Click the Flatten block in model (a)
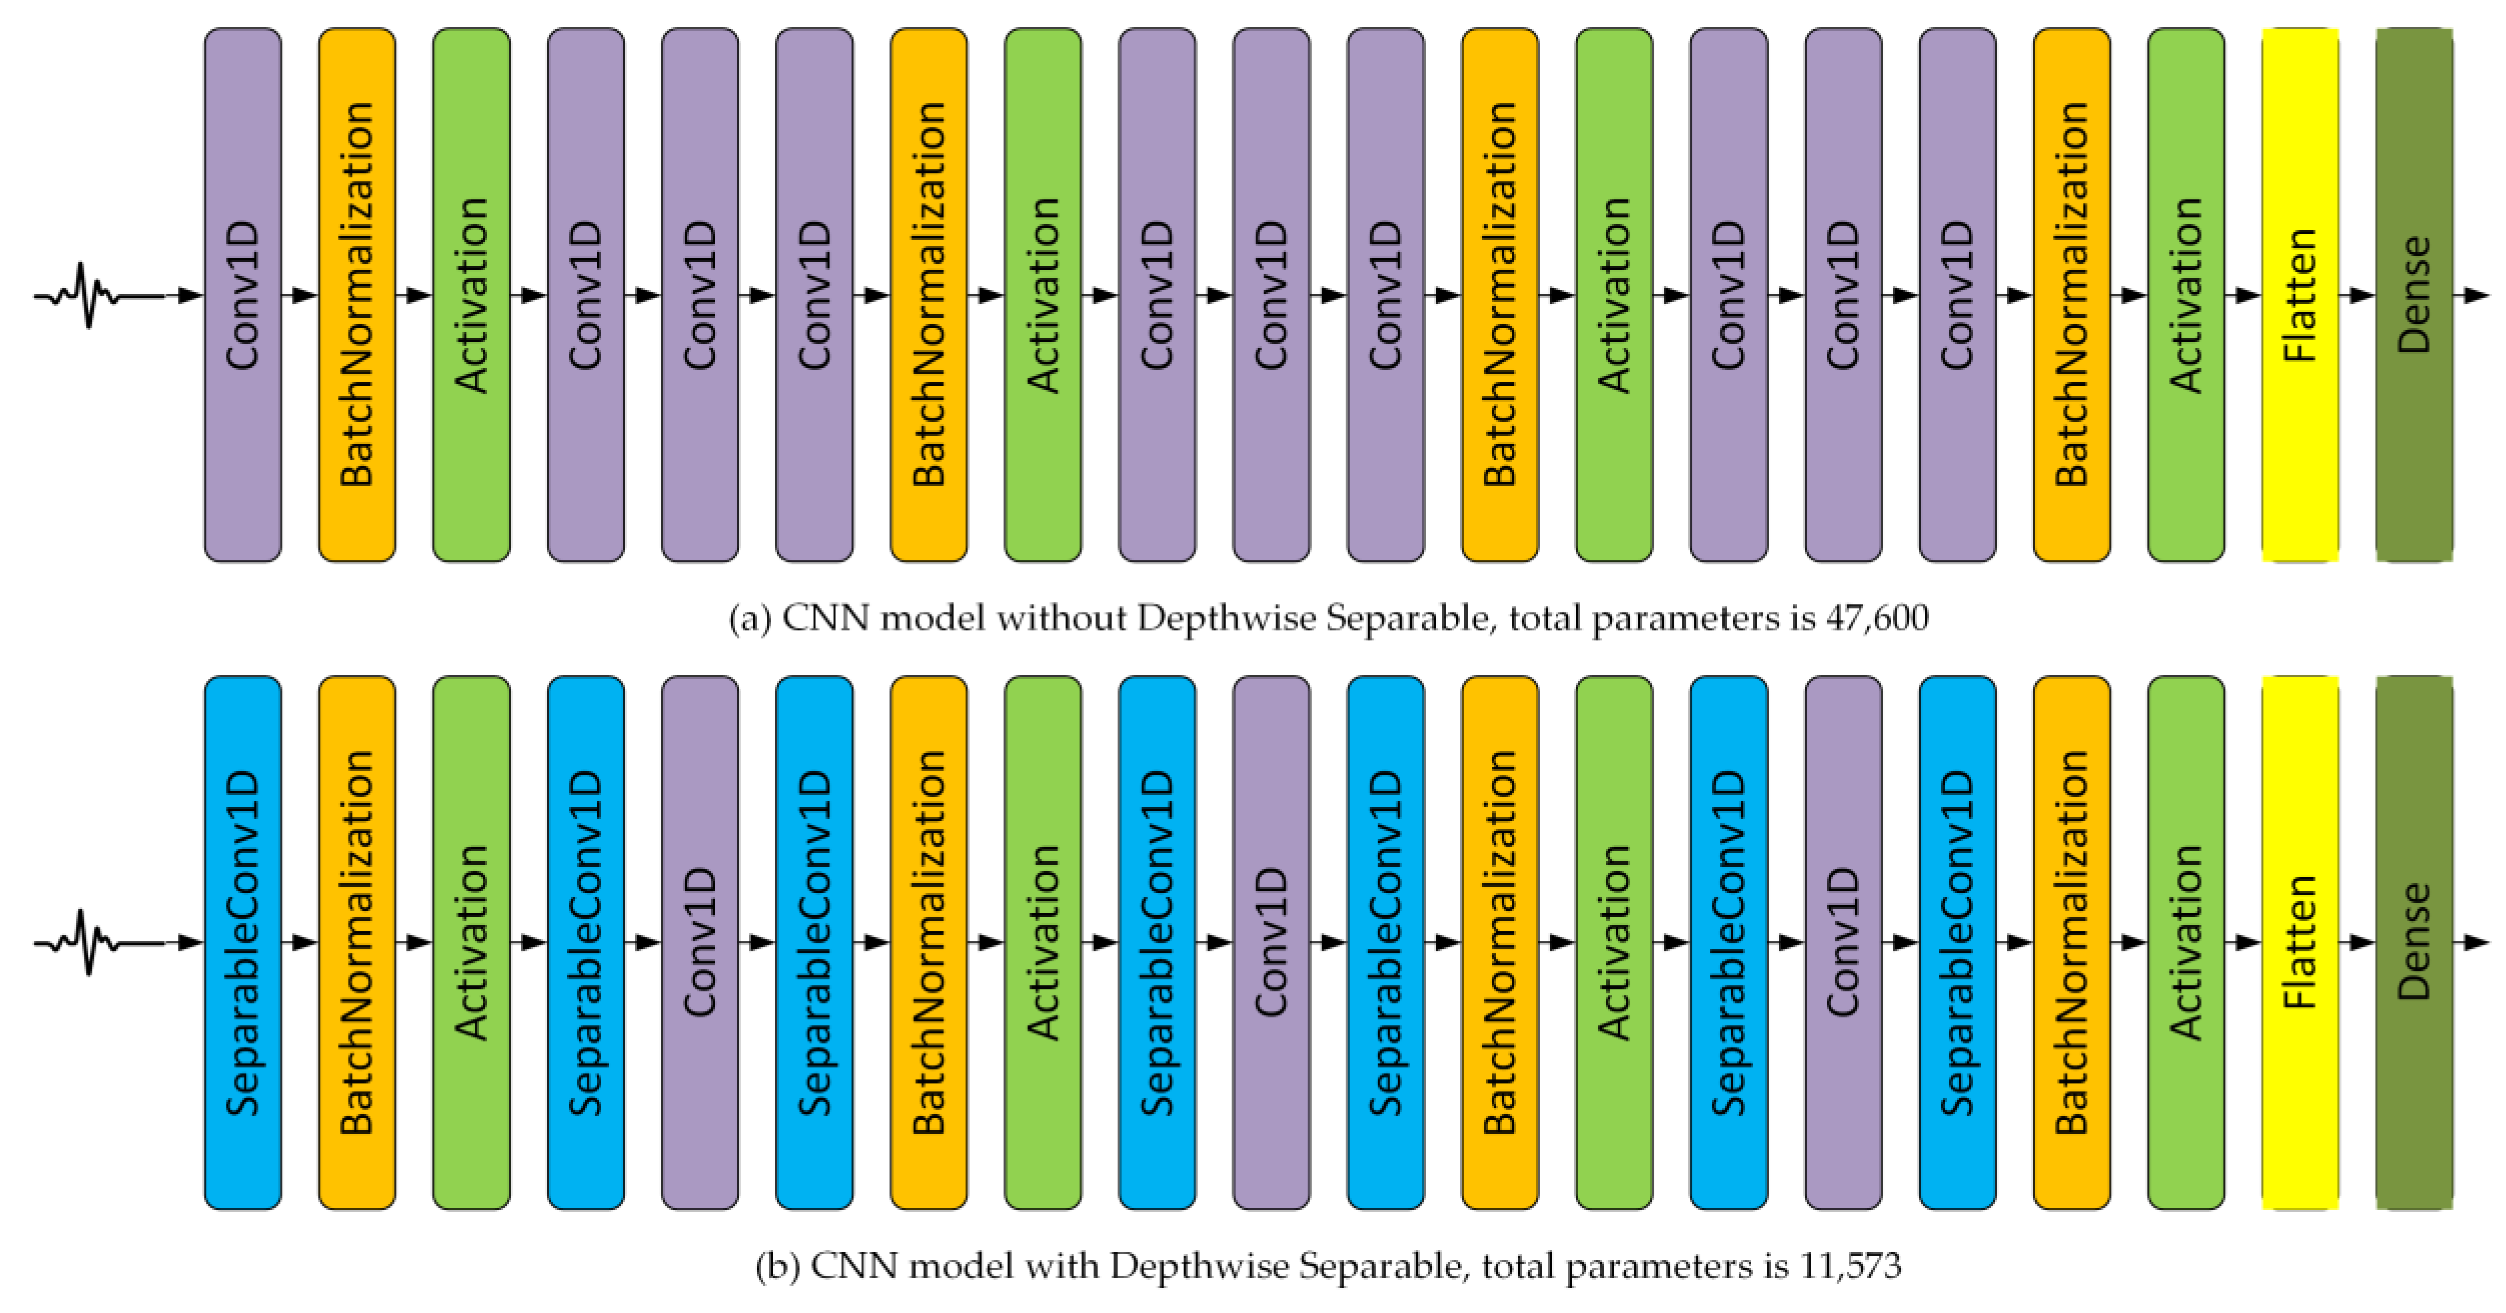(x=2300, y=295)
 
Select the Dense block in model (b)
(x=2415, y=943)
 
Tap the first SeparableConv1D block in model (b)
(x=243, y=943)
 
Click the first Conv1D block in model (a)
(x=243, y=295)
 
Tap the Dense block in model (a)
(x=2415, y=295)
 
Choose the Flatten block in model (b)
(x=2300, y=943)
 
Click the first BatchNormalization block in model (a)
(x=357, y=295)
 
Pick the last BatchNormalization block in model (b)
(x=2071, y=943)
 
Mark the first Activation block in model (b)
(x=472, y=943)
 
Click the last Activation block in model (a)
(x=2186, y=295)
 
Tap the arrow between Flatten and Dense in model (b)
(x=2357, y=943)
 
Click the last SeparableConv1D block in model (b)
(x=1957, y=943)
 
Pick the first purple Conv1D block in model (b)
(x=701, y=943)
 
